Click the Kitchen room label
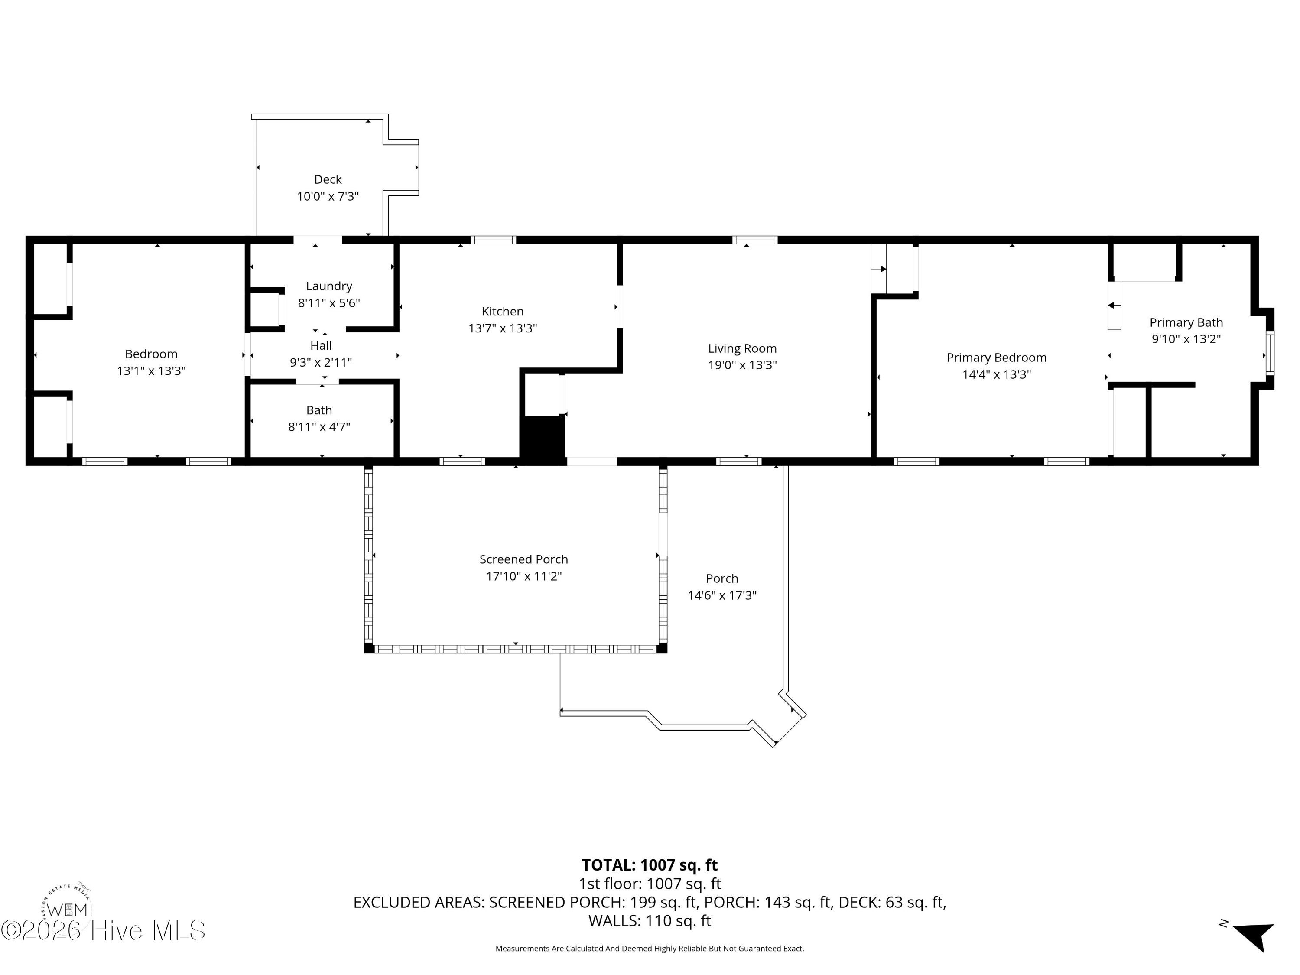(503, 312)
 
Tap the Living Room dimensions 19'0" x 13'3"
(742, 365)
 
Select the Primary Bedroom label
(996, 357)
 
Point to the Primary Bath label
(1186, 322)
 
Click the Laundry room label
(328, 286)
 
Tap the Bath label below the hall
(318, 410)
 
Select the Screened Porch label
(523, 559)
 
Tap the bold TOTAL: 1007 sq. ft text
(650, 865)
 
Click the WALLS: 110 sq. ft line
(650, 921)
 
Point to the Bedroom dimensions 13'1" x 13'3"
(151, 371)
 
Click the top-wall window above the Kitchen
(493, 240)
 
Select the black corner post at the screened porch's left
(369, 648)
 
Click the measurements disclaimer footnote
(650, 949)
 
